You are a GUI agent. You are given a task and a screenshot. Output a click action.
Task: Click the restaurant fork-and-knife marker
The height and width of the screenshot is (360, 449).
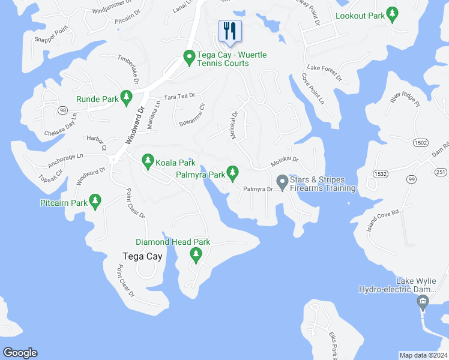point(231,31)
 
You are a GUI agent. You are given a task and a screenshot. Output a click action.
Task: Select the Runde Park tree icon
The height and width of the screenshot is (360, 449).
point(126,97)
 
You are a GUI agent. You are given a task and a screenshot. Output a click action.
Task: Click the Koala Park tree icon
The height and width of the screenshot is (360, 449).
point(148,160)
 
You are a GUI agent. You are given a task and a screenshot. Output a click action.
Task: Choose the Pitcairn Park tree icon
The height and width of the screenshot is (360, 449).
point(94,201)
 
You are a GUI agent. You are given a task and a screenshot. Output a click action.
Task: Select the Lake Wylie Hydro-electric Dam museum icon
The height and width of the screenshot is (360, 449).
point(423,301)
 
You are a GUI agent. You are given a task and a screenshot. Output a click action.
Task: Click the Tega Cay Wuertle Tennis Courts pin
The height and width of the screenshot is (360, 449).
point(188,58)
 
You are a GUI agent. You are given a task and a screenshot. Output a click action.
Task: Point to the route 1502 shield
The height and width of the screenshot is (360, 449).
point(420,142)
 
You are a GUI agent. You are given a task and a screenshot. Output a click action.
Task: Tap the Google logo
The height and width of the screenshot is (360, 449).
point(20,353)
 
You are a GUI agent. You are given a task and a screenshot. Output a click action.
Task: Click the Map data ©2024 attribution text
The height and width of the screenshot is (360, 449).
point(423,355)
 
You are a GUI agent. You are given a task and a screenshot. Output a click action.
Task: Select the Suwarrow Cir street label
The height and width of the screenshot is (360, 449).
point(191,114)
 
